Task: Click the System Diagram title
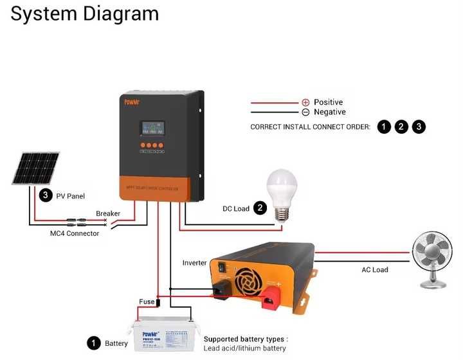coord(84,14)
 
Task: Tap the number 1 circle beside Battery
coord(94,343)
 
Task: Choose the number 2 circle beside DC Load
coord(260,208)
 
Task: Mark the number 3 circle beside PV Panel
coord(45,195)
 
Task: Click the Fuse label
coord(147,301)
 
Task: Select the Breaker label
coord(107,213)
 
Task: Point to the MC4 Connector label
coord(75,233)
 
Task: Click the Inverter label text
coord(194,263)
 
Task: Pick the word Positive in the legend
coord(328,102)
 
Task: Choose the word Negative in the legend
coord(329,112)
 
